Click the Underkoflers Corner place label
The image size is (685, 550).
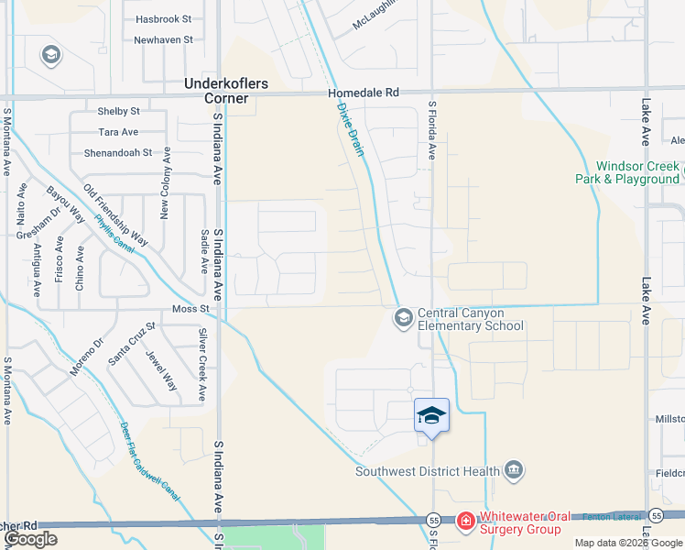pos(226,92)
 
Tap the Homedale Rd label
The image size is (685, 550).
pos(365,93)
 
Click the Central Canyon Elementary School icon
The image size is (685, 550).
pos(402,318)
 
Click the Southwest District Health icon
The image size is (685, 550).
pos(514,471)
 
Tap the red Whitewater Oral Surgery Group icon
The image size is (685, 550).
pos(465,522)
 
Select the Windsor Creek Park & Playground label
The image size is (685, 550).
pos(637,172)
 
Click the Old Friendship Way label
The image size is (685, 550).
pos(115,216)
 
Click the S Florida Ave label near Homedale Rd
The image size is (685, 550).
pos(430,131)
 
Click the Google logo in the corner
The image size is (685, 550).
pos(30,539)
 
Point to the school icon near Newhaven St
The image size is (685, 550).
pos(50,56)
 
